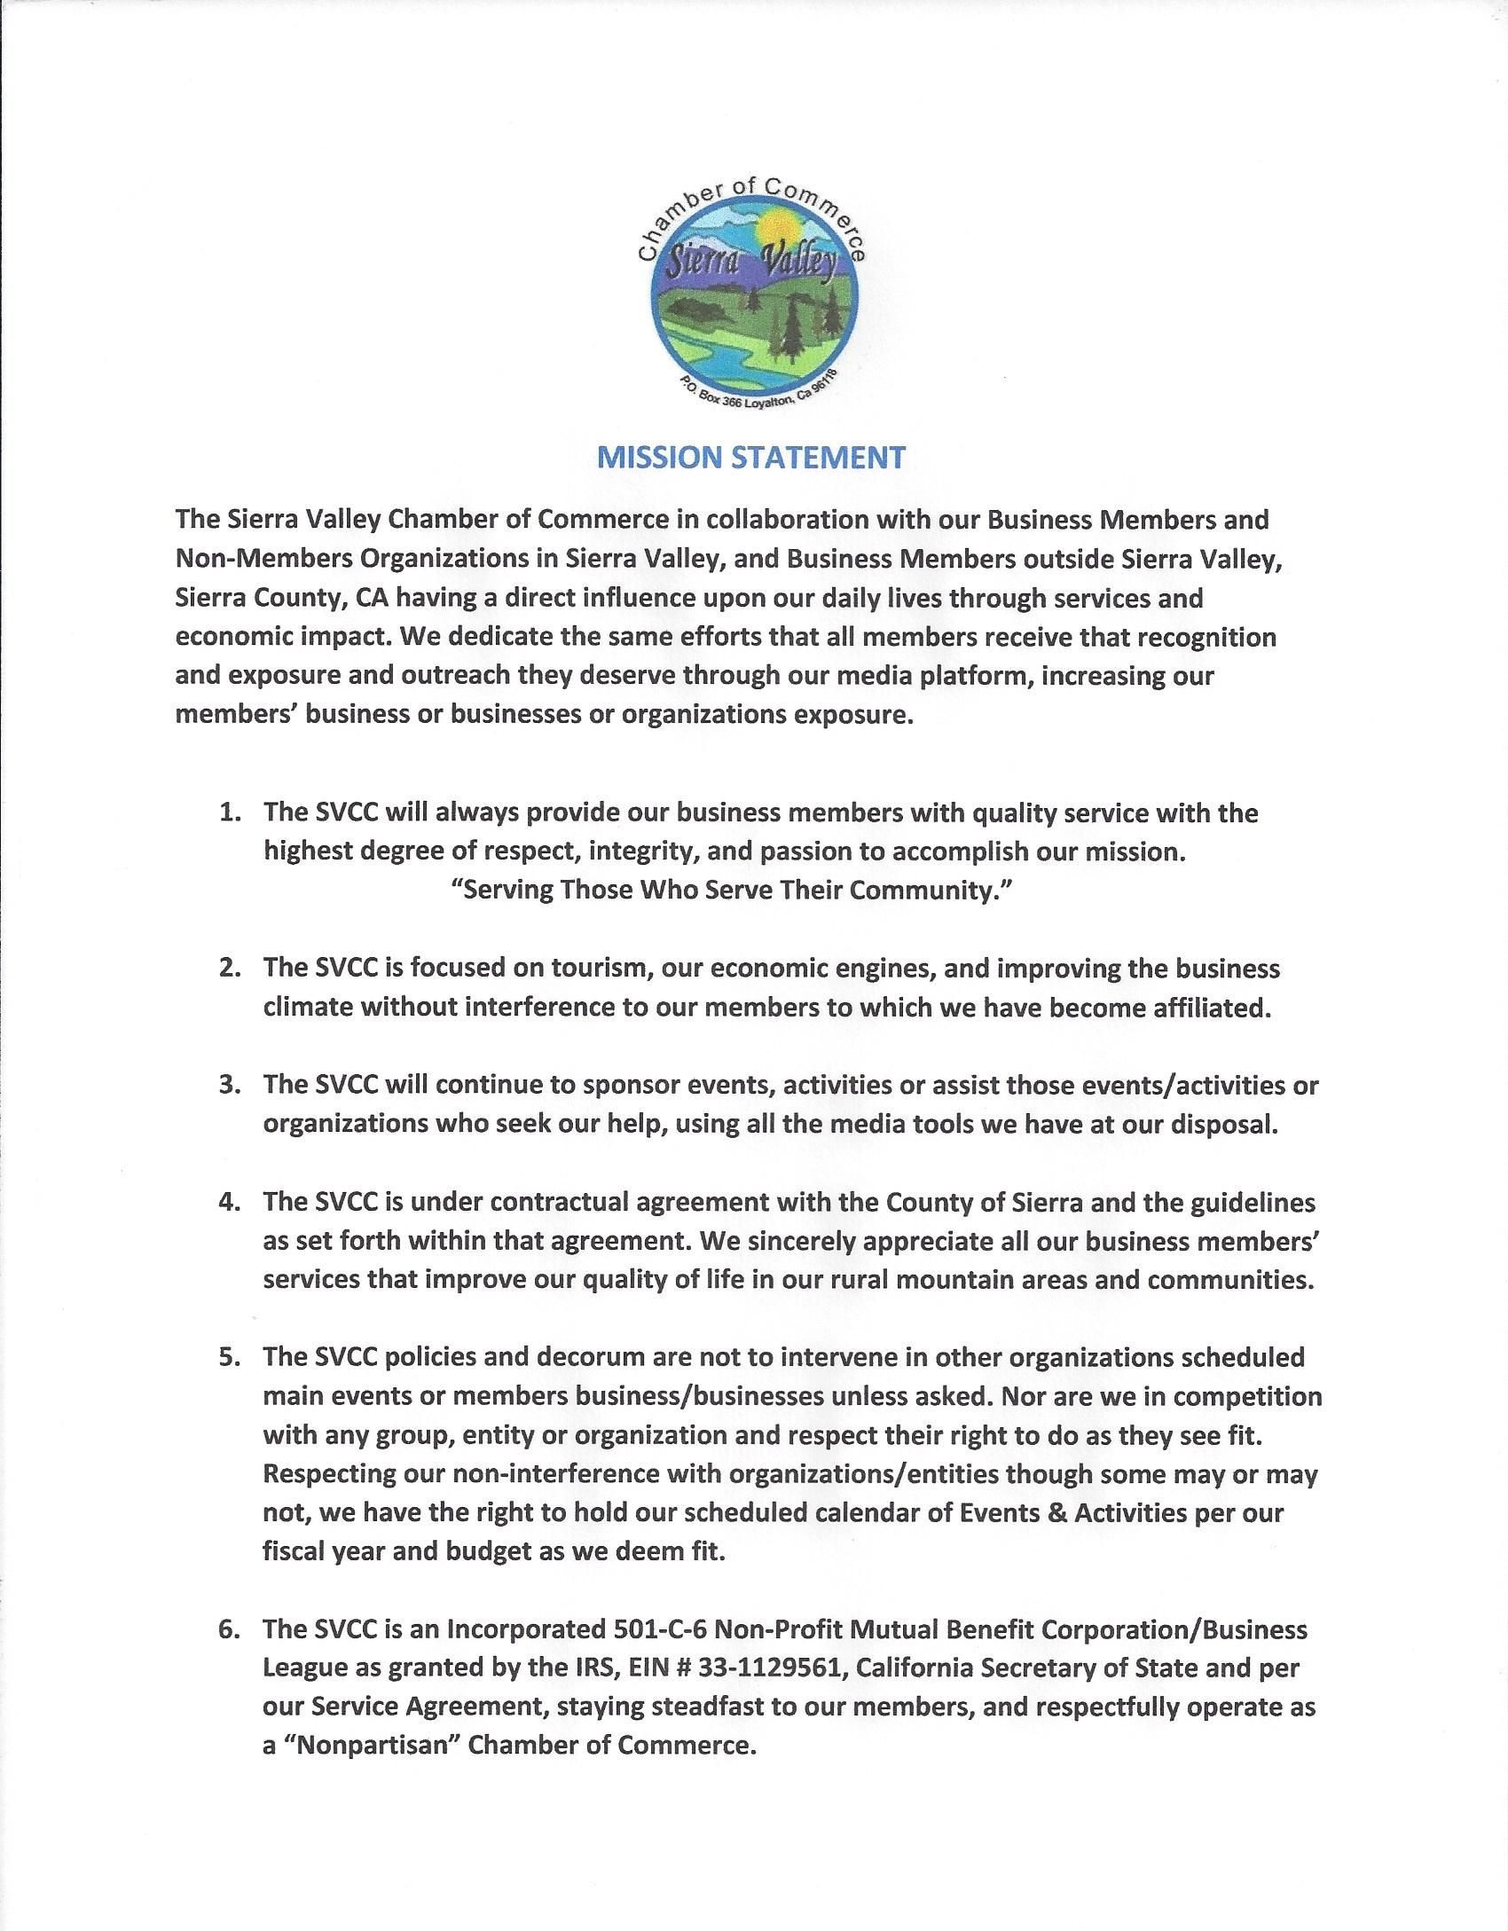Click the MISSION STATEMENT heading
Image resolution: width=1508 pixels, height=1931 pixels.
pos(751,458)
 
